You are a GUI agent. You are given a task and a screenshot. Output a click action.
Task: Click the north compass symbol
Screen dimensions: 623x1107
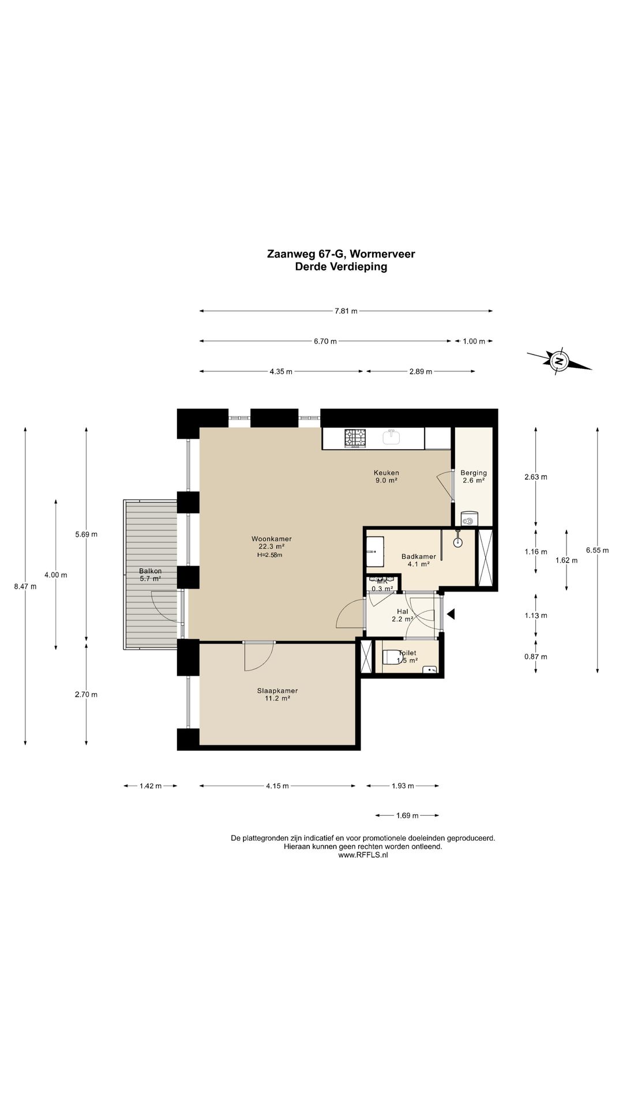[x=558, y=362]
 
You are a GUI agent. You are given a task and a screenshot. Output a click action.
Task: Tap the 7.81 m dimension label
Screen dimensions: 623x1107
[x=346, y=311]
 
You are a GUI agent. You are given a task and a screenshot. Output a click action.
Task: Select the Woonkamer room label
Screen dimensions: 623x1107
[x=271, y=539]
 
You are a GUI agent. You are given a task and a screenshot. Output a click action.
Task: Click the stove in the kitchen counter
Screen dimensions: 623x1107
[x=355, y=438]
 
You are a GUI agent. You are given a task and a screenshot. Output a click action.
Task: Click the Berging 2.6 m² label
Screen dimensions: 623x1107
[x=474, y=476]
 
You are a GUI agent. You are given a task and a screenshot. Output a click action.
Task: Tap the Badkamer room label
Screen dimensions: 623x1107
[x=419, y=556]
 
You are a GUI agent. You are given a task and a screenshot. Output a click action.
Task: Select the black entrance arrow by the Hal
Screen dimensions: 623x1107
[x=451, y=615]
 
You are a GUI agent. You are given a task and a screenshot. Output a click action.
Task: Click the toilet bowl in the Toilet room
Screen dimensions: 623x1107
[x=393, y=657]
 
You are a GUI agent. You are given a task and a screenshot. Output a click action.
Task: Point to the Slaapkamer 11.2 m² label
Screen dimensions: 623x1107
[x=277, y=694]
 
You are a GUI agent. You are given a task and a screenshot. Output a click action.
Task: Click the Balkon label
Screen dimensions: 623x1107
[x=150, y=571]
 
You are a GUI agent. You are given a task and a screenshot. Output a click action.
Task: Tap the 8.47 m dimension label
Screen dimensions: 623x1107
[x=25, y=587]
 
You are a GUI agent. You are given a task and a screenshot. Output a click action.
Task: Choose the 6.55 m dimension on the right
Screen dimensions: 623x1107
[x=597, y=550]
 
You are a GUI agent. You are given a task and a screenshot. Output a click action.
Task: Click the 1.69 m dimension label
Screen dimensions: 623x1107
[x=407, y=815]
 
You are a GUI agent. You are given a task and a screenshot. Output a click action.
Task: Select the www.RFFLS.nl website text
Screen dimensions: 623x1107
[x=363, y=856]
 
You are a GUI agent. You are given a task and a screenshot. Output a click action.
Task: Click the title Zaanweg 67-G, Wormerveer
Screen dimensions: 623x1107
[x=341, y=254]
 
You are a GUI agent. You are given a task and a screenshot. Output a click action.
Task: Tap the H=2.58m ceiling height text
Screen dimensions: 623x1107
[x=270, y=555]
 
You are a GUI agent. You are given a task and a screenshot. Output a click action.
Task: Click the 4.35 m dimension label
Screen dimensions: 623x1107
[x=281, y=371]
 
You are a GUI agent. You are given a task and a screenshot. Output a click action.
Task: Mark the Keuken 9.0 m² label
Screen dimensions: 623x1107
[x=386, y=476]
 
